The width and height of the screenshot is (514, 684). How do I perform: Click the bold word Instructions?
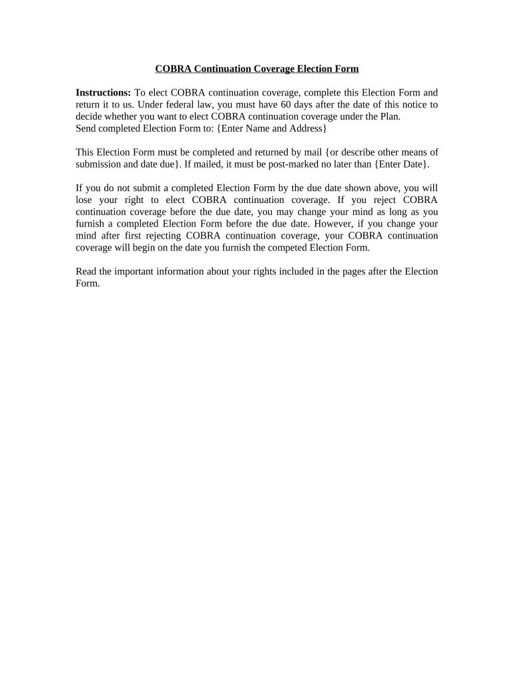point(103,92)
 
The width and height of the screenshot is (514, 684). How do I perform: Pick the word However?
point(332,224)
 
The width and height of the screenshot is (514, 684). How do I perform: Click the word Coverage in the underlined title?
point(271,69)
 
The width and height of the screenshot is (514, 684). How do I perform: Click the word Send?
point(86,128)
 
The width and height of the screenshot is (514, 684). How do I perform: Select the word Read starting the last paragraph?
point(87,271)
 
